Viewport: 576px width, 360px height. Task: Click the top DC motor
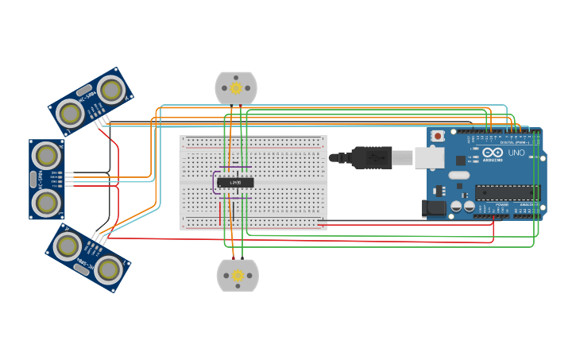(x=236, y=88)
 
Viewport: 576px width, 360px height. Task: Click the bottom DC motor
(x=237, y=275)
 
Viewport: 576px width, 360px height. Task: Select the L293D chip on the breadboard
(x=235, y=182)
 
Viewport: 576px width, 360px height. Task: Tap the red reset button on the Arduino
(x=438, y=136)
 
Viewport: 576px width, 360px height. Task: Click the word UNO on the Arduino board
(x=516, y=153)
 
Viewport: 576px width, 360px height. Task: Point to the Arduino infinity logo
(x=493, y=152)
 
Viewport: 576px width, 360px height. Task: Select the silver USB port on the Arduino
(x=429, y=157)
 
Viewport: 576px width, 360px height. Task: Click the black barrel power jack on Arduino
(x=434, y=208)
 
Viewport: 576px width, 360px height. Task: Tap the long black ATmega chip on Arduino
(x=507, y=192)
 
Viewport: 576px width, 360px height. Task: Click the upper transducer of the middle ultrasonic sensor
(x=46, y=154)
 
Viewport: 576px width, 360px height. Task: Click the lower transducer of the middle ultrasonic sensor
(x=46, y=203)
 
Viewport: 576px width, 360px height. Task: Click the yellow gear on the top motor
(x=236, y=87)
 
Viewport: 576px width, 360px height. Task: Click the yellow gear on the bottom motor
(x=237, y=276)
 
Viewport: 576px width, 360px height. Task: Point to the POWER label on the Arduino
(x=502, y=204)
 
